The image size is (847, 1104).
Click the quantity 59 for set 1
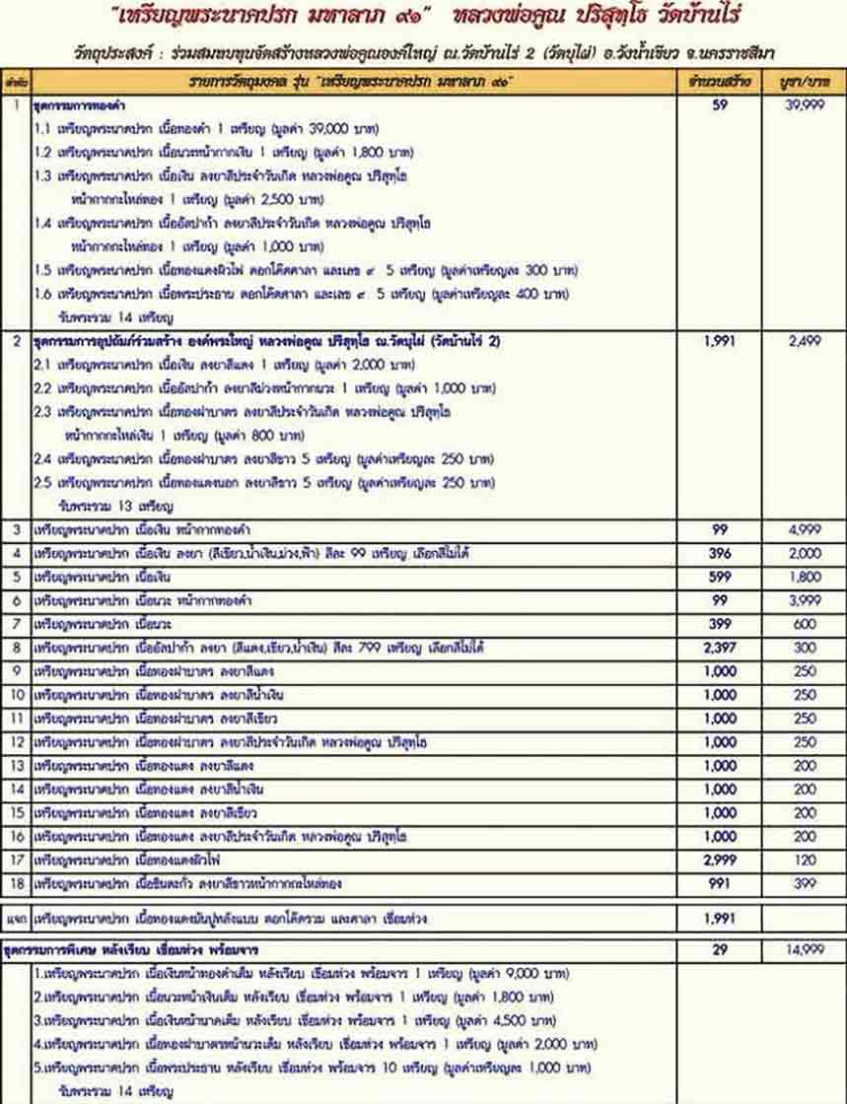(719, 104)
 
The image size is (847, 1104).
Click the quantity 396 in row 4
(719, 554)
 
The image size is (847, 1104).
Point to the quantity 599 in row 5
(719, 578)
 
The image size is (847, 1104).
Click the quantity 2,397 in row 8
(719, 649)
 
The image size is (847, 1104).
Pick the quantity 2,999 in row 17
(719, 861)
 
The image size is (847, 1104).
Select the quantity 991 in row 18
(719, 884)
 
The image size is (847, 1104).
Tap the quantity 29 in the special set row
(719, 949)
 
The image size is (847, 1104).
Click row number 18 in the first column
(15, 884)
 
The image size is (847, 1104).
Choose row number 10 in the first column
(15, 696)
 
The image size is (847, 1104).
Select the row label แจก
(15, 919)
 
